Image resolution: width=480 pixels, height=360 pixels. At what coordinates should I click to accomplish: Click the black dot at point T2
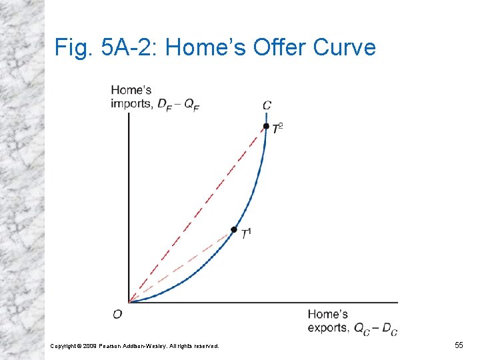coord(266,126)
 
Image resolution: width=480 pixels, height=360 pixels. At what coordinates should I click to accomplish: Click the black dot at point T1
coord(233,229)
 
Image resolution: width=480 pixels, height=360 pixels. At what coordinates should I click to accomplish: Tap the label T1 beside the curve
coord(247,233)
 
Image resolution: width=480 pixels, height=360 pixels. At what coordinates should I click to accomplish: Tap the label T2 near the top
coord(278,128)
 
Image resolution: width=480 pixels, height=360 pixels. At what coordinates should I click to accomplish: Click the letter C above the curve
coord(267,105)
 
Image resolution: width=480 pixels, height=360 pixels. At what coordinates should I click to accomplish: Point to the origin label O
coord(117,313)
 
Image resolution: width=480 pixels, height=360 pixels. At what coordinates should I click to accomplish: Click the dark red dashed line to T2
coord(200,211)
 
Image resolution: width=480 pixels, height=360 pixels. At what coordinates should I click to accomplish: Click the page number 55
coord(459,345)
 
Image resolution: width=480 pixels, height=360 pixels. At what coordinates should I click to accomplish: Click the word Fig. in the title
coord(70,47)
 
